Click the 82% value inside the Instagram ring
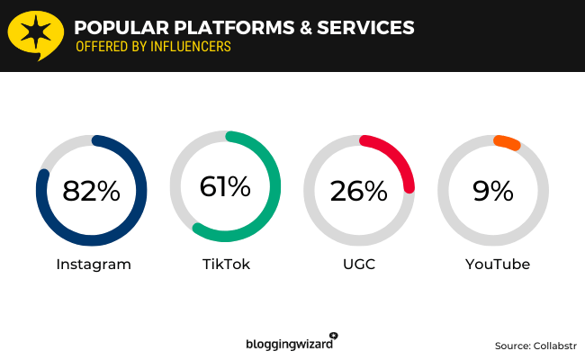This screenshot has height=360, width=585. pyautogui.click(x=91, y=191)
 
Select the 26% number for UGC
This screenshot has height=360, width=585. pyautogui.click(x=358, y=191)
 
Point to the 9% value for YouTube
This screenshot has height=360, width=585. pyautogui.click(x=492, y=191)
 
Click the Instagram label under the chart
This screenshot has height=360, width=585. pyautogui.click(x=94, y=265)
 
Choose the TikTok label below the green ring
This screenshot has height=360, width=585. pyautogui.click(x=226, y=265)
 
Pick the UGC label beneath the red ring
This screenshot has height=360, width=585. pyautogui.click(x=359, y=265)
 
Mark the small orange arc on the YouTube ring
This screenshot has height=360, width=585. pyautogui.click(x=507, y=142)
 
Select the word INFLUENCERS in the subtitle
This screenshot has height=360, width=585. pyautogui.click(x=184, y=47)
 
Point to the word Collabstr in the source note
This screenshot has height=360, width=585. pyautogui.click(x=556, y=346)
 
